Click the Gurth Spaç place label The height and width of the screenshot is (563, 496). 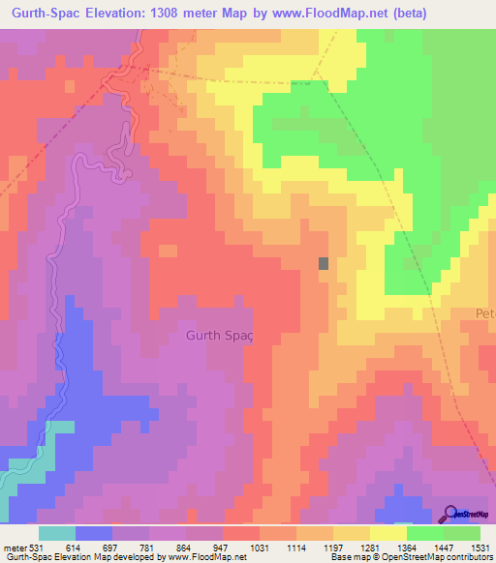pyautogui.click(x=218, y=335)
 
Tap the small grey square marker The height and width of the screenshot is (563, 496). pyautogui.click(x=325, y=263)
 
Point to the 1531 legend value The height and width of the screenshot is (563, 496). pyautogui.click(x=480, y=547)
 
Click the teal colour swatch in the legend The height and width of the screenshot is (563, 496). pyautogui.click(x=56, y=532)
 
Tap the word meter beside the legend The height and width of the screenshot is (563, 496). pyautogui.click(x=15, y=547)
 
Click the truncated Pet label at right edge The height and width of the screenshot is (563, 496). pyautogui.click(x=484, y=313)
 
